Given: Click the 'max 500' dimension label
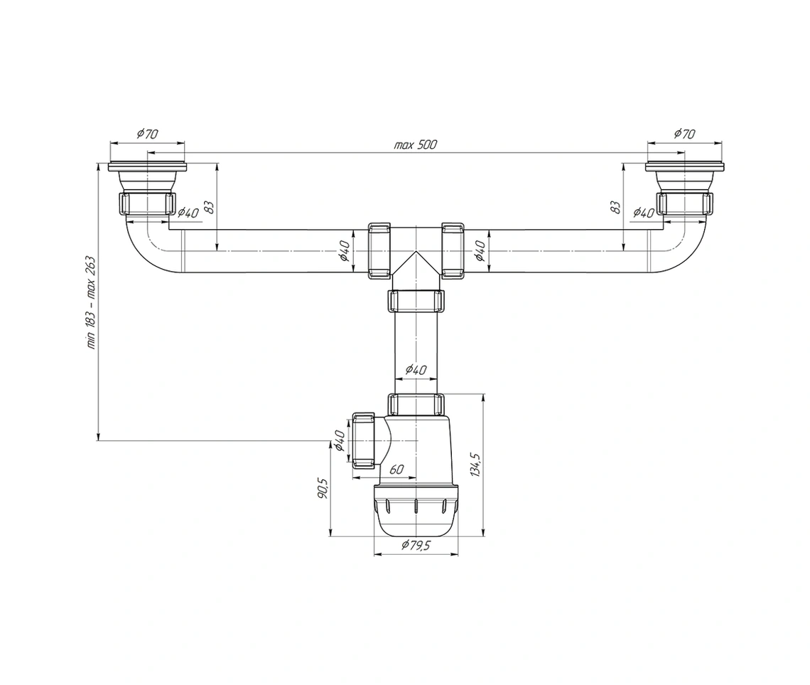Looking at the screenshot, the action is [416, 144].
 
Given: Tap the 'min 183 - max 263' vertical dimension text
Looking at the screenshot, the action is [91, 303].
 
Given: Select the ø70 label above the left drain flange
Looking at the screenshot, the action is [147, 133].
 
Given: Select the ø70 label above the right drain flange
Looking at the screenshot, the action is [684, 133].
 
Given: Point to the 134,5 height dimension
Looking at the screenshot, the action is [476, 464].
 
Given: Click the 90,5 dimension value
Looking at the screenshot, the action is [323, 489].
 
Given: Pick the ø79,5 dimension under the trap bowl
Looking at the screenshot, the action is [416, 546].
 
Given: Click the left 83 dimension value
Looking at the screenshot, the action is [208, 207].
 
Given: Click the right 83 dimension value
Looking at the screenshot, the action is [616, 207].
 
